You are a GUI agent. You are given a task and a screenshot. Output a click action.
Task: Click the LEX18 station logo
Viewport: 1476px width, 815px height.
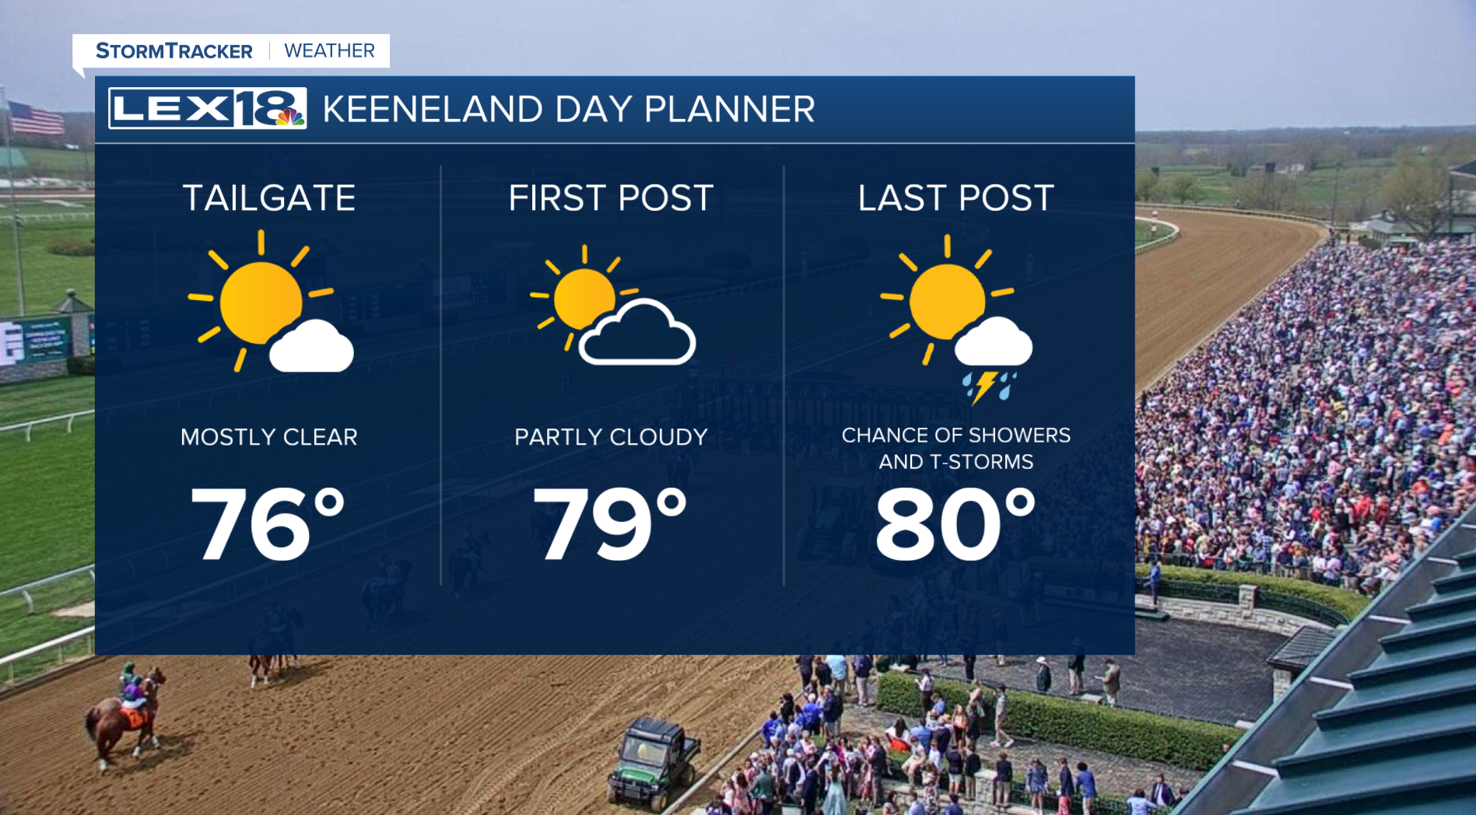click(x=207, y=108)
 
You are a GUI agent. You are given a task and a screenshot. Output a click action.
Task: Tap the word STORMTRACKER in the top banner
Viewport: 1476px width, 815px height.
click(x=174, y=51)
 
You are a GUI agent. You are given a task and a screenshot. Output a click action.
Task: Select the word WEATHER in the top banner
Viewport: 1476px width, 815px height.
click(x=330, y=51)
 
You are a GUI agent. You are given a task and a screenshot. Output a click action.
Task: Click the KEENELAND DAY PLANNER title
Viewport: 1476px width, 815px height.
click(x=569, y=109)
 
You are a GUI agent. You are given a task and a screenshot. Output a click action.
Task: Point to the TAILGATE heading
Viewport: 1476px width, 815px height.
click(x=269, y=198)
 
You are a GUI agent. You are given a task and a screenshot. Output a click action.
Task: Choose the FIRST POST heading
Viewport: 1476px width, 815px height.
click(x=611, y=198)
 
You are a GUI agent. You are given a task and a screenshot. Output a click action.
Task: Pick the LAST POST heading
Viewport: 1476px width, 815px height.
click(x=956, y=198)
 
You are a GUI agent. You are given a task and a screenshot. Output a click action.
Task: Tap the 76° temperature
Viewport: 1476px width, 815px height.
click(x=268, y=523)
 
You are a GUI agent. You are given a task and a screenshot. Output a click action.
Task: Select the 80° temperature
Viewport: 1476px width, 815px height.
click(x=956, y=523)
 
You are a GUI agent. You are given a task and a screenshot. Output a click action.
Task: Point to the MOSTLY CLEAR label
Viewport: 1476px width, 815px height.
click(x=269, y=437)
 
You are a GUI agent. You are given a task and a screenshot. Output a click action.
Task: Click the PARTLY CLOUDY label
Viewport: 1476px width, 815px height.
click(x=611, y=437)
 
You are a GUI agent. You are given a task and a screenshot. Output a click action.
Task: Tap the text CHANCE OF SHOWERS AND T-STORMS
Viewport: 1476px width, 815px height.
click(x=956, y=448)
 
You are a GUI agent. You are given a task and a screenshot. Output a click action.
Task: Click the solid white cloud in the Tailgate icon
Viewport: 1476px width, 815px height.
click(x=311, y=346)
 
